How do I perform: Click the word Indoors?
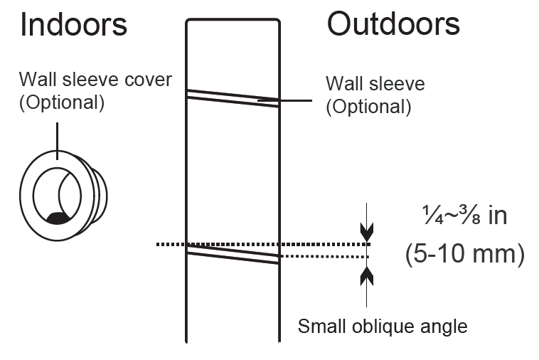coord(74,25)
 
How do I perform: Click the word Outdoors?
coord(393,24)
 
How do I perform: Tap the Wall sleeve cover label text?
coord(95,79)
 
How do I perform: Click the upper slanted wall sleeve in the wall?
coord(232,97)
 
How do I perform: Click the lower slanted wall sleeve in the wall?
coord(232,253)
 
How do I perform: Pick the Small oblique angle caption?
coord(383,327)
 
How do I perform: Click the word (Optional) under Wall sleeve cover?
coord(62,102)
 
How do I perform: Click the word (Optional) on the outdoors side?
coord(368,107)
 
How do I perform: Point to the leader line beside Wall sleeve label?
coord(294,101)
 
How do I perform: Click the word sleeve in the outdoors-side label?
coord(397,84)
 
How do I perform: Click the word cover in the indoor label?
coord(147,79)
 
